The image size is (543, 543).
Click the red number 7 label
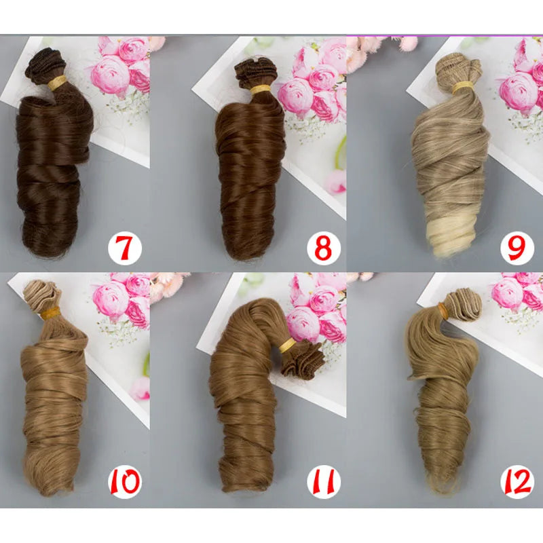point(125,248)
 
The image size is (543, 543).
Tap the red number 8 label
point(324,248)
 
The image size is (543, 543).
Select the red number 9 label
point(517,248)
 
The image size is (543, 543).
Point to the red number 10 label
point(125,481)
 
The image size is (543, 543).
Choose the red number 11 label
point(324,481)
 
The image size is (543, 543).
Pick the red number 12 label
point(517,481)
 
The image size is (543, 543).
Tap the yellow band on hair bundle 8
point(261,90)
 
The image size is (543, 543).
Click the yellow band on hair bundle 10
point(50,314)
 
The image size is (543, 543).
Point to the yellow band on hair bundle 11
point(287,345)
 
